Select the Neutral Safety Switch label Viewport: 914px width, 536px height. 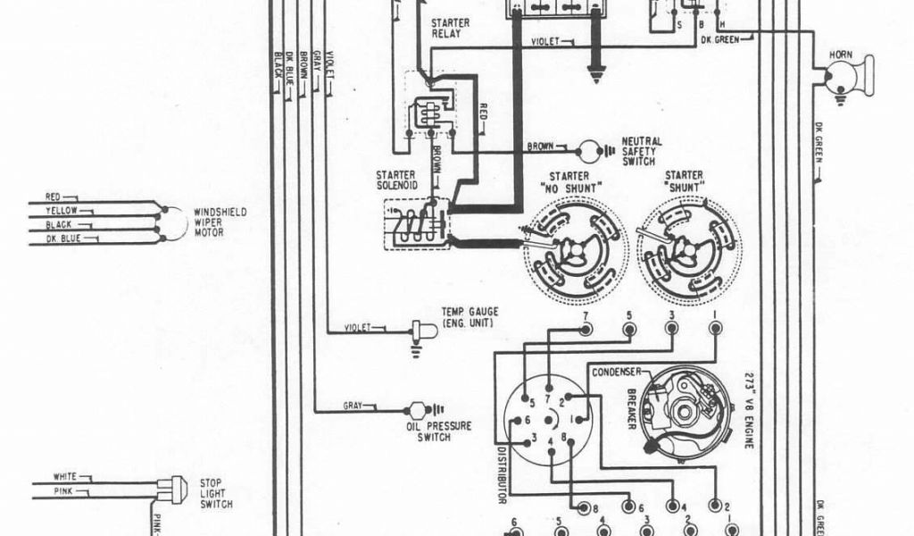tap(642, 151)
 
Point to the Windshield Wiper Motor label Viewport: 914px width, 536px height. tap(220, 222)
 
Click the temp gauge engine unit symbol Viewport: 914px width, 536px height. tap(423, 330)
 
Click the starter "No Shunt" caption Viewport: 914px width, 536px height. tap(569, 181)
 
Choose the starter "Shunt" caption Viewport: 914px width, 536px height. tap(683, 181)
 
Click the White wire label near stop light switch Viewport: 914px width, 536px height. tap(65, 476)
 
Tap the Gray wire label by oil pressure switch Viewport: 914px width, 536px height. tap(353, 406)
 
